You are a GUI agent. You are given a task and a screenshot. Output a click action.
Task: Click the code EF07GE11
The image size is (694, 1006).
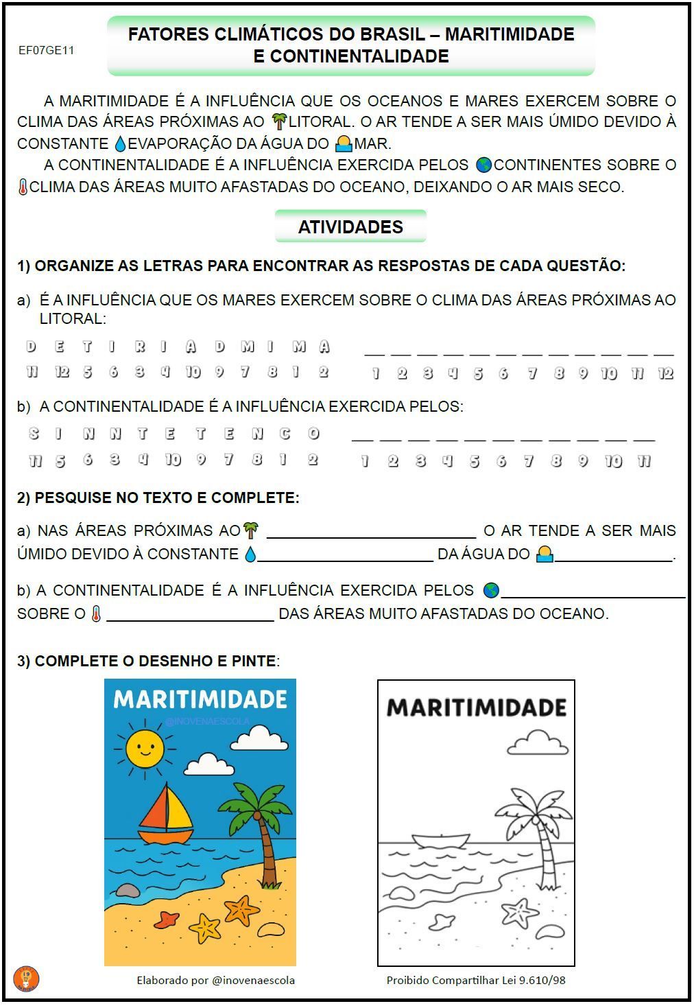pos(46,50)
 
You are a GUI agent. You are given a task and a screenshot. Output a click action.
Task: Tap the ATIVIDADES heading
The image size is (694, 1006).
pos(350,226)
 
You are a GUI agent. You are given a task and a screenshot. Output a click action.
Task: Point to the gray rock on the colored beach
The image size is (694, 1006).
pos(127,890)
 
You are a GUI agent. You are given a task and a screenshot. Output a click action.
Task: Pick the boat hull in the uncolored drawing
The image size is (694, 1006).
pos(440,841)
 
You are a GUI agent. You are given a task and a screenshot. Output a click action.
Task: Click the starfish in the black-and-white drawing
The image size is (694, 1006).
pos(520,912)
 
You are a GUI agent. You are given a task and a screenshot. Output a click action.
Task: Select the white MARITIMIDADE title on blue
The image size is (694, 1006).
pos(200,699)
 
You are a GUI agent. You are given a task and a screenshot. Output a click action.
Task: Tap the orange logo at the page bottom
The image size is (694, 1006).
pos(26,979)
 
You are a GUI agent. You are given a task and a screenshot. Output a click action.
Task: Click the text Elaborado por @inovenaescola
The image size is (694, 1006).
pos(215,980)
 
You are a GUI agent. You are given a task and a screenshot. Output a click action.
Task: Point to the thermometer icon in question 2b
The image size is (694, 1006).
pos(96,613)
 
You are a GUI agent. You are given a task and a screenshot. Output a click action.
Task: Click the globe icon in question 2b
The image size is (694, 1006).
pos(491,590)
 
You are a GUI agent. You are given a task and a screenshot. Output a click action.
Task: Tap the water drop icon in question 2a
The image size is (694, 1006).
pos(250,554)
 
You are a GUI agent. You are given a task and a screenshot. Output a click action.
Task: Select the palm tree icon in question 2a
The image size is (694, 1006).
pos(251,530)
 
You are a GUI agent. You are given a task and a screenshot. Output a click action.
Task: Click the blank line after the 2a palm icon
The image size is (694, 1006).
pos(371,534)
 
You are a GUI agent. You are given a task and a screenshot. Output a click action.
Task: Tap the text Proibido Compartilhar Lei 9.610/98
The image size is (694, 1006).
pos(476,980)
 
